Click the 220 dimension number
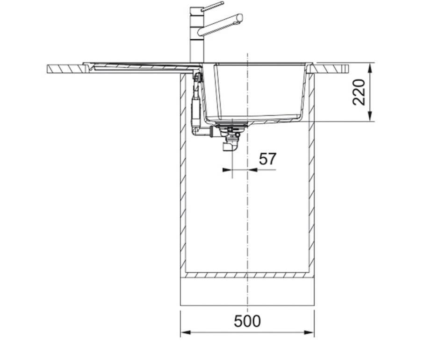tap(359, 92)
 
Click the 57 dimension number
tap(267, 159)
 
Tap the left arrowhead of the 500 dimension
tap(186, 332)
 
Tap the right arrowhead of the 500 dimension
tap(309, 332)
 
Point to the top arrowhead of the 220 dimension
tap(370, 68)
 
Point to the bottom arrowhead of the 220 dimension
tap(370, 116)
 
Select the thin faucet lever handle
tap(213, 7)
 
